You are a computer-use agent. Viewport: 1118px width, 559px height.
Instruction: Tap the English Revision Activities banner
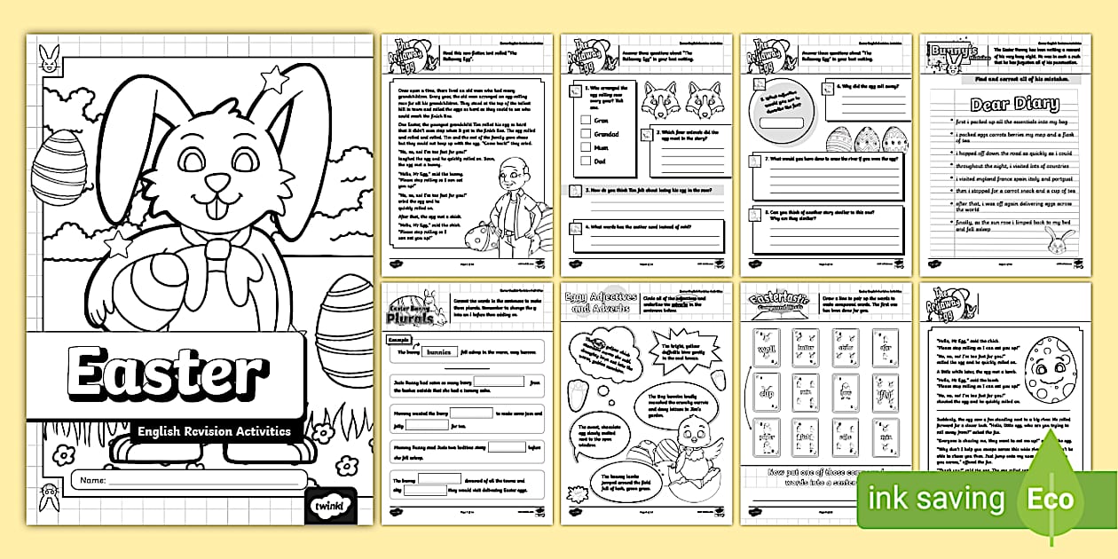pyautogui.click(x=214, y=431)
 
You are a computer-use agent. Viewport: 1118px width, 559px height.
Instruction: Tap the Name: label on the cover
pyautogui.click(x=91, y=481)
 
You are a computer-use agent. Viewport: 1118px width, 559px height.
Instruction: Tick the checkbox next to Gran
pyautogui.click(x=585, y=119)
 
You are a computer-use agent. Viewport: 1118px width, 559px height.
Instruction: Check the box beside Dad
pyautogui.click(x=585, y=161)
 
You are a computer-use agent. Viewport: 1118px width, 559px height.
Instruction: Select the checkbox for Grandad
pyautogui.click(x=585, y=133)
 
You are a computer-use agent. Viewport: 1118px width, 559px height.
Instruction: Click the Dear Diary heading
pyautogui.click(x=1005, y=105)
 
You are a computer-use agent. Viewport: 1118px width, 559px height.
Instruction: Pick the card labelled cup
pyautogui.click(x=764, y=392)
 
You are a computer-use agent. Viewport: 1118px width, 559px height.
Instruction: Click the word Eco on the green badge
pyautogui.click(x=1051, y=499)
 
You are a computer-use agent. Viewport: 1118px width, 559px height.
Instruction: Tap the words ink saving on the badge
pyautogui.click(x=937, y=500)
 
